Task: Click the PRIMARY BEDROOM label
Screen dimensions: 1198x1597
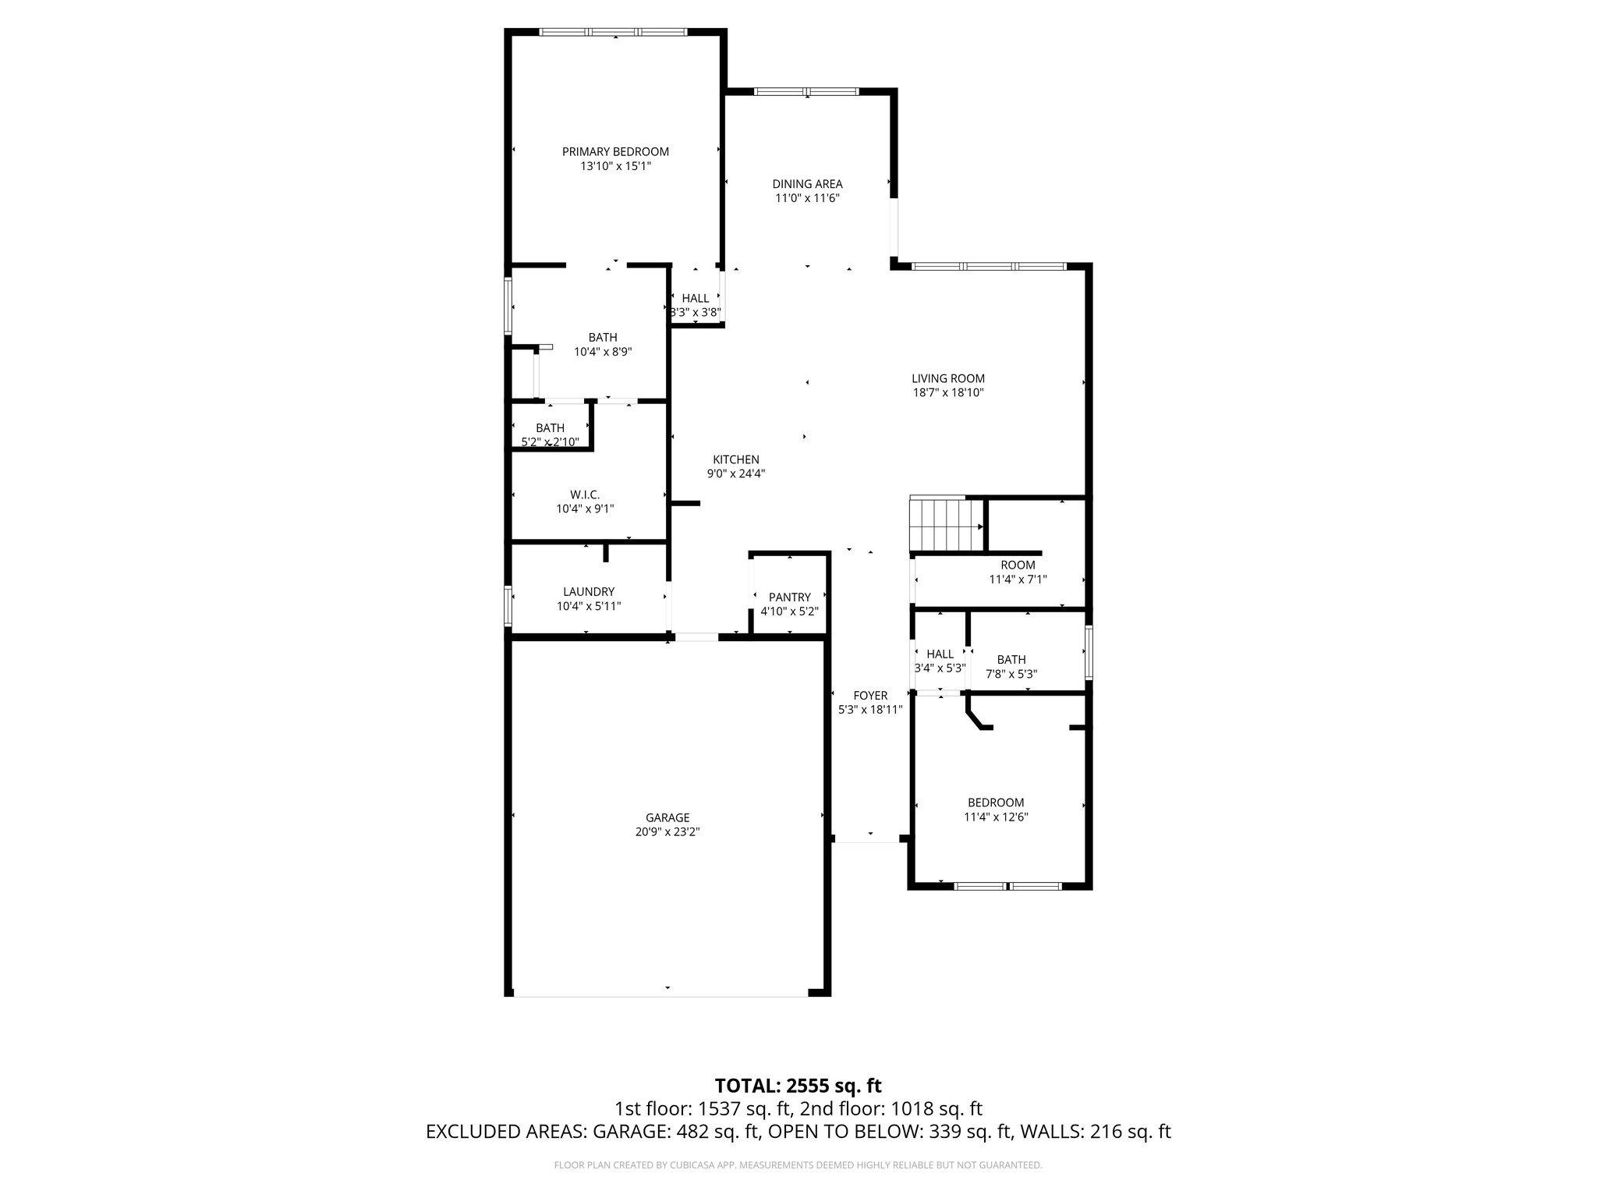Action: point(615,151)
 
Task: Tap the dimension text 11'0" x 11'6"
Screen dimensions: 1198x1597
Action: point(807,198)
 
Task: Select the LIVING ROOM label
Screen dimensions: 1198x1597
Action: point(948,378)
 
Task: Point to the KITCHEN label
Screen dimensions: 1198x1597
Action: point(735,459)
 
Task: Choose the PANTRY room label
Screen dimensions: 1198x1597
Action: point(789,597)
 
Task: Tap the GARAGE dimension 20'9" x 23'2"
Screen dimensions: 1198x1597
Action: point(667,831)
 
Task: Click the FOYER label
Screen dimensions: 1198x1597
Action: point(870,696)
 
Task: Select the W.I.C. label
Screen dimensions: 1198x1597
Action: point(585,494)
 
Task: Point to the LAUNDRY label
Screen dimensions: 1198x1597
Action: point(589,592)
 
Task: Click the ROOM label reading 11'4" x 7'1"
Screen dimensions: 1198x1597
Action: point(1018,565)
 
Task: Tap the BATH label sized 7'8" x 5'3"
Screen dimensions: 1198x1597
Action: point(1011,659)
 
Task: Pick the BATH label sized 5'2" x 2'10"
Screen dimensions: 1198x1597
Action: point(550,428)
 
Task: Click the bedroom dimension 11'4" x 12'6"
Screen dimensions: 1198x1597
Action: point(996,817)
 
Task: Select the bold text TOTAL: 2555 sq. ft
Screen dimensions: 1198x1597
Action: point(798,1085)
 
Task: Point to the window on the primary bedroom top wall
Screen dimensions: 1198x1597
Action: point(614,32)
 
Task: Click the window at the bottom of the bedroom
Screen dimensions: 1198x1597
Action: point(1008,886)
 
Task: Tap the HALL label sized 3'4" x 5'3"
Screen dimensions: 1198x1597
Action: point(940,654)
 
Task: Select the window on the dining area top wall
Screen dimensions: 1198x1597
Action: point(806,92)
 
